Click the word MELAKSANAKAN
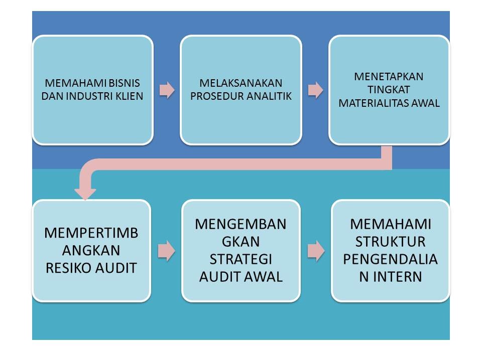241,83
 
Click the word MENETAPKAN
389,77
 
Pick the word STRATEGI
241,260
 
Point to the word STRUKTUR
390,242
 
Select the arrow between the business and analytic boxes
167,90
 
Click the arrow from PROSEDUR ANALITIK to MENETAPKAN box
315,90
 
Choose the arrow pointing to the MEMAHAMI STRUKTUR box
315,251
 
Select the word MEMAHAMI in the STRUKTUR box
390,224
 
